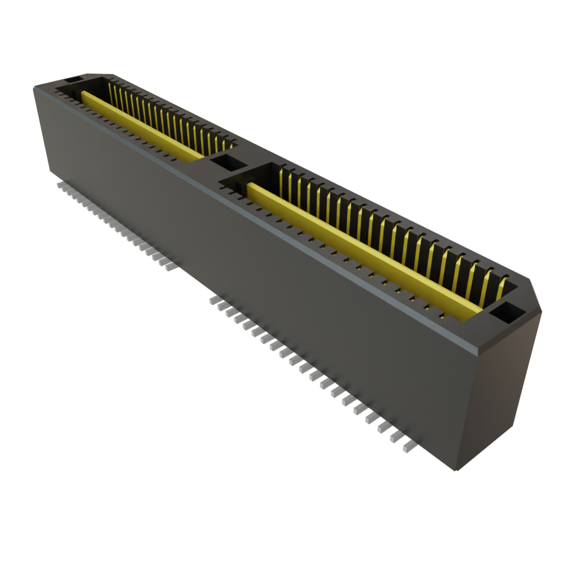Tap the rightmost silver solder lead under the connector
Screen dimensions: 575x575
(408, 446)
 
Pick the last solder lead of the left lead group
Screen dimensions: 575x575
(170, 267)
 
